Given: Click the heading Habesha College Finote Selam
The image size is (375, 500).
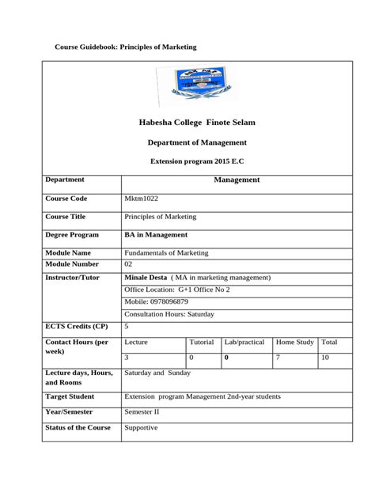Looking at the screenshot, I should point(197,123).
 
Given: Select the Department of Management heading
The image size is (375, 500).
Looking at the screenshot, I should point(197,142).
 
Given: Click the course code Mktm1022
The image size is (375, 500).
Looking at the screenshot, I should point(142,198).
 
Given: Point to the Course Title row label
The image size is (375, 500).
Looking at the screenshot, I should point(66,216).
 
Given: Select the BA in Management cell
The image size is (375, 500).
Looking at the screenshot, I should point(156,235).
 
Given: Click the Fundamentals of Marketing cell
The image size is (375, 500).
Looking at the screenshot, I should point(166,252).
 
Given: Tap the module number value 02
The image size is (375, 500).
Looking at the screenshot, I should point(129,263).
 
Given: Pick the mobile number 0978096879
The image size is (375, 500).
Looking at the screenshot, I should point(157,301).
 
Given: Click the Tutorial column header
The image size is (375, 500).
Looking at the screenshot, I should point(202,343).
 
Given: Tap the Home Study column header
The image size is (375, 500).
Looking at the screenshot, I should point(294,343).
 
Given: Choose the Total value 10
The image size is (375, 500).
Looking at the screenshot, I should point(326,358).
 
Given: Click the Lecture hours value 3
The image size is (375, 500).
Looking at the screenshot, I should point(127,358).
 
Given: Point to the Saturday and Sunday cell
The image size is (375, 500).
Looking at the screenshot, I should point(157,372).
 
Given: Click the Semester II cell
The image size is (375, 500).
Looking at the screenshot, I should point(142,412).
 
